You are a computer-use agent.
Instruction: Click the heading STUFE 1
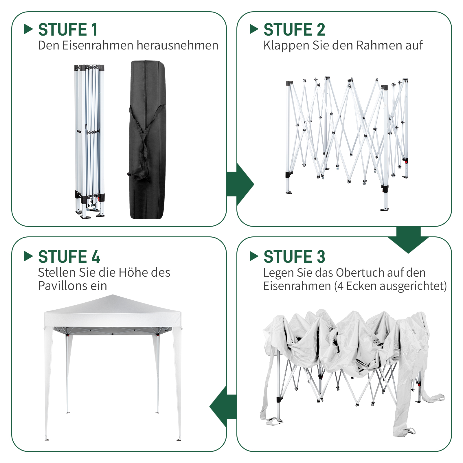68,30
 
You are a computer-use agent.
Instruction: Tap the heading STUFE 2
294,30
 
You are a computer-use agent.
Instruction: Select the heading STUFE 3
294,257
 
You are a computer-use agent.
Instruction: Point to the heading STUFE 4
69,257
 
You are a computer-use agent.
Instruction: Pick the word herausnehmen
177,45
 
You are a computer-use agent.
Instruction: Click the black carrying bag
147,140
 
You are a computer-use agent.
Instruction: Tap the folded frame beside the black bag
89,142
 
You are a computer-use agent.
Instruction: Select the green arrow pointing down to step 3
408,239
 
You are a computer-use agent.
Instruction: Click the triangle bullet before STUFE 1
28,29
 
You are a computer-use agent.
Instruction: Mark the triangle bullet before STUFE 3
254,256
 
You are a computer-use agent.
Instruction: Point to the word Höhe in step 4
132,273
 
